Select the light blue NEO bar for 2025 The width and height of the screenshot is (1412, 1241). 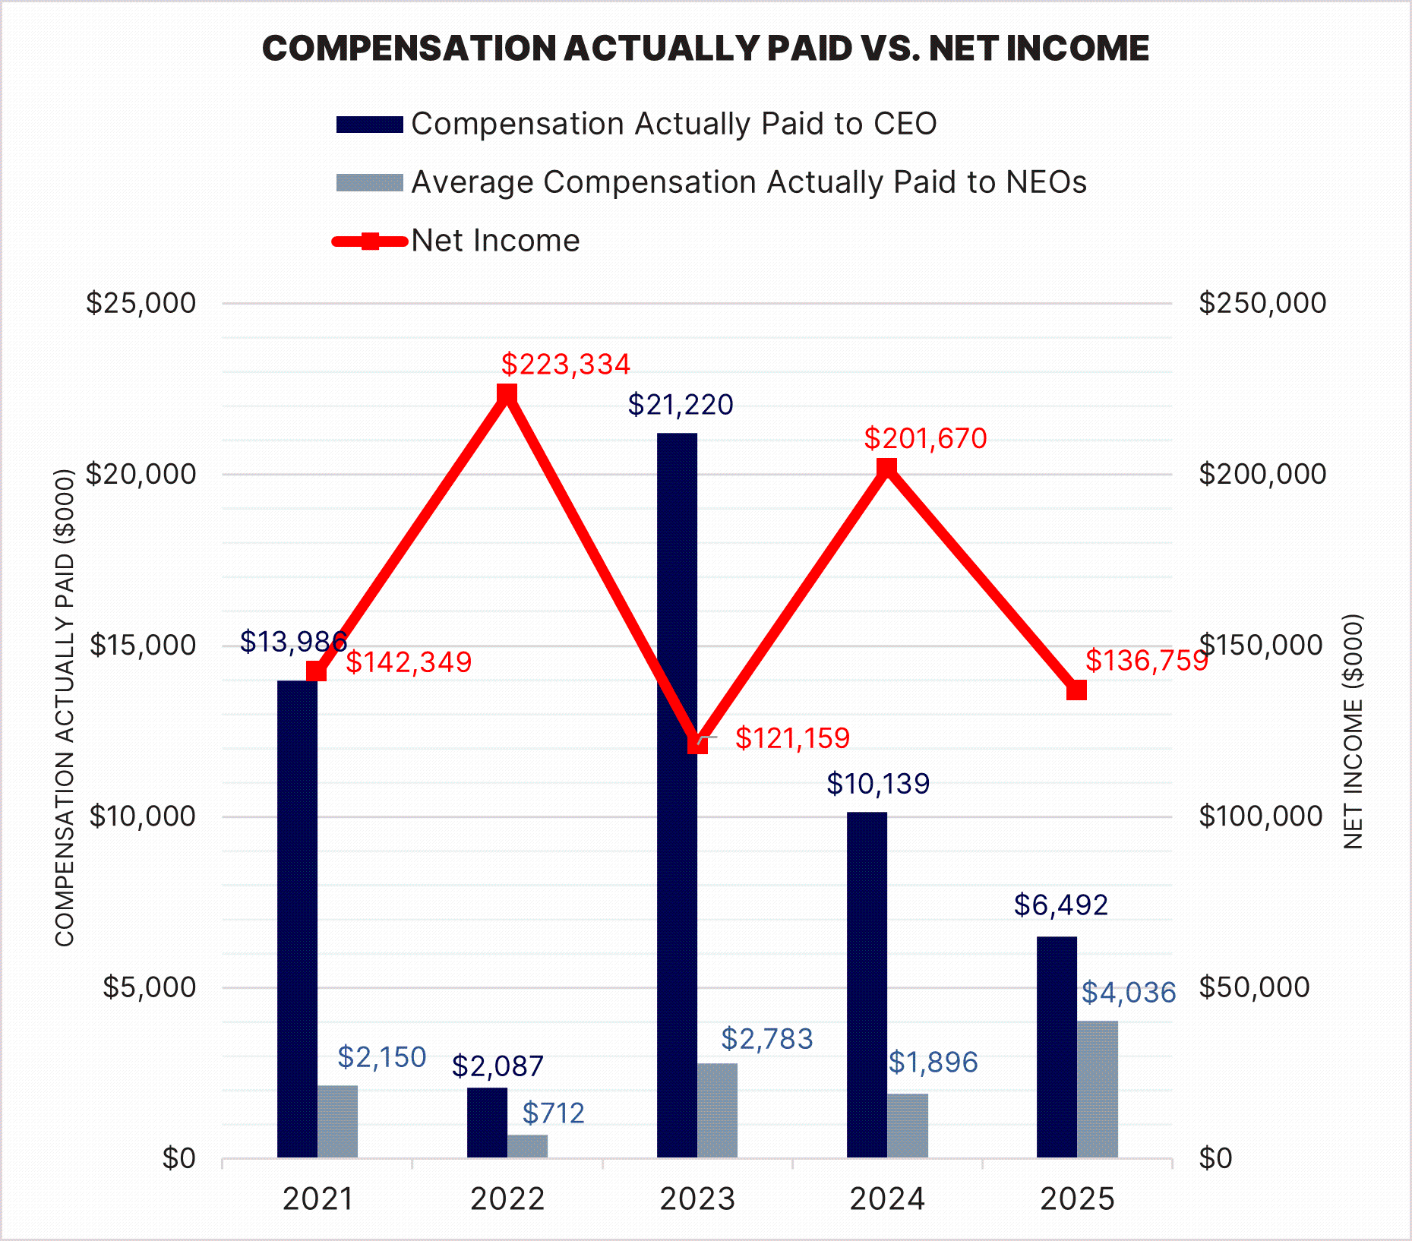coord(1098,1089)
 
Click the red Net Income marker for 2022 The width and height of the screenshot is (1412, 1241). coord(507,394)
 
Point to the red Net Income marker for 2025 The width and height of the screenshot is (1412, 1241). coord(1076,690)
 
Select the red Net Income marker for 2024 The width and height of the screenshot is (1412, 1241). coord(886,468)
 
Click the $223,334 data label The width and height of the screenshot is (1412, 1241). coord(566,365)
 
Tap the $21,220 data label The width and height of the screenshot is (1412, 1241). coord(681,405)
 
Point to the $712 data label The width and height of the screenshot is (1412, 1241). coord(554,1113)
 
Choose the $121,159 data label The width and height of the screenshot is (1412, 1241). coord(792,738)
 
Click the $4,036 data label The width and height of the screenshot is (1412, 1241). coord(1129,993)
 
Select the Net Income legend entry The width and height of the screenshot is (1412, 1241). coord(495,241)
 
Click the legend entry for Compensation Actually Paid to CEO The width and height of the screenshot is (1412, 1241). coord(673,124)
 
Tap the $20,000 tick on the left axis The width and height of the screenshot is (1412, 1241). coord(141,474)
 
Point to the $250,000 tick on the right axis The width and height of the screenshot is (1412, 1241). coord(1262,303)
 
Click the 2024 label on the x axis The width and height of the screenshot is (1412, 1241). coord(887,1199)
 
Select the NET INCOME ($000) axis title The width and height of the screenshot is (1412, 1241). coord(1354,731)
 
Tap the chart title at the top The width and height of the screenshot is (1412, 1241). coord(706,49)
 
